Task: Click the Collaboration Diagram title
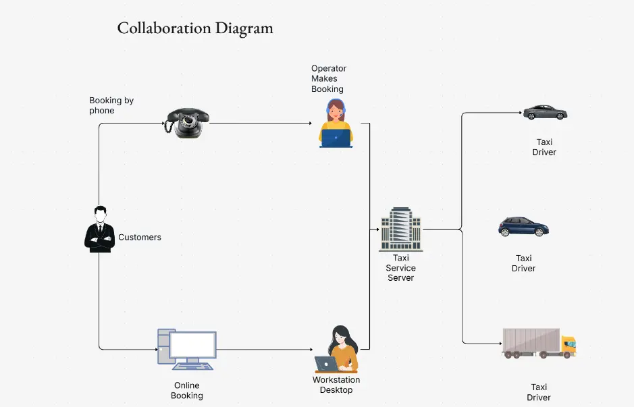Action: (x=195, y=28)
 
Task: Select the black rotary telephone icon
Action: (x=187, y=123)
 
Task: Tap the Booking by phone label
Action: (x=111, y=105)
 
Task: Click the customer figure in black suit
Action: (x=99, y=229)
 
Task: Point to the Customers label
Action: (x=140, y=238)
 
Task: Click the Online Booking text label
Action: (x=187, y=391)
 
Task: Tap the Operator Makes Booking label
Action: (x=328, y=79)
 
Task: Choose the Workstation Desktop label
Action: (x=336, y=385)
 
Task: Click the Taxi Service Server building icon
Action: (x=400, y=229)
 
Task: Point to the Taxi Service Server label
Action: (x=401, y=268)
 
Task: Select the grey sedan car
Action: (x=545, y=112)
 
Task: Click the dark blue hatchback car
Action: (x=523, y=227)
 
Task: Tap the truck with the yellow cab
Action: (x=539, y=343)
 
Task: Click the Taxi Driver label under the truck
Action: (x=539, y=392)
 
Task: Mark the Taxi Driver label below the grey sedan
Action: (x=544, y=147)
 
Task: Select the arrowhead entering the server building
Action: (x=377, y=229)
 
